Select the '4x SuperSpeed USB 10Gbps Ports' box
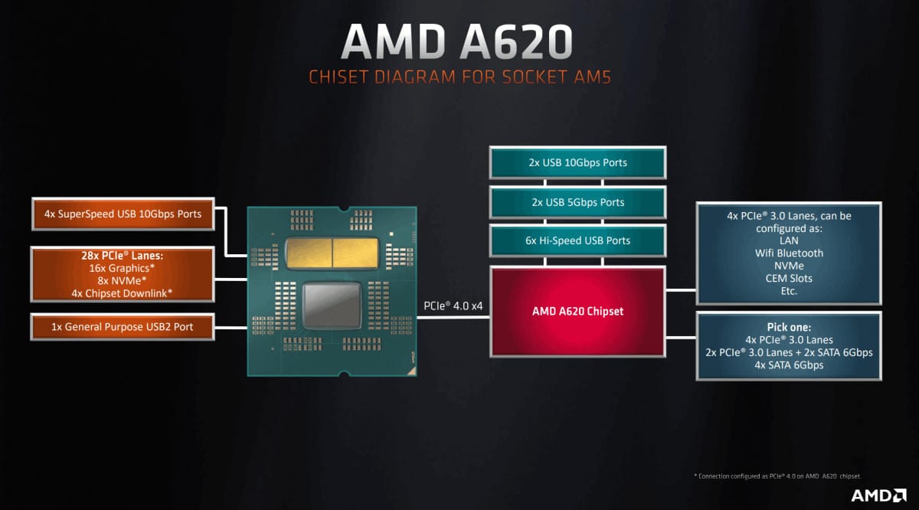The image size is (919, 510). click(x=123, y=214)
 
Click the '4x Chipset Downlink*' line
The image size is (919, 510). click(x=123, y=293)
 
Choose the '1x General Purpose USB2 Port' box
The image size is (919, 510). click(x=123, y=327)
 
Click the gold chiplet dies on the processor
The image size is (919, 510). click(x=331, y=251)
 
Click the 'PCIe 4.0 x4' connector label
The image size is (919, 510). click(x=453, y=306)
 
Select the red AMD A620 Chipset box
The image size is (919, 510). click(x=577, y=311)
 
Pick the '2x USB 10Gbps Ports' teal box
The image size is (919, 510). click(x=577, y=162)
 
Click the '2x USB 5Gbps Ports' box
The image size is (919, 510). click(x=577, y=202)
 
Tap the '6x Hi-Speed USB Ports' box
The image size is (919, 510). click(x=577, y=240)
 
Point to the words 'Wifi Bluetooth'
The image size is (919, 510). click(x=788, y=253)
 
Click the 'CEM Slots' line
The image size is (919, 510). click(x=788, y=278)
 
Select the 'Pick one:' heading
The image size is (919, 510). click(x=788, y=327)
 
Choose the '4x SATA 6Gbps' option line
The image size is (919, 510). click(x=788, y=365)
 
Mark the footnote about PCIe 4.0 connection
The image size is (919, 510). click(x=782, y=476)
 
